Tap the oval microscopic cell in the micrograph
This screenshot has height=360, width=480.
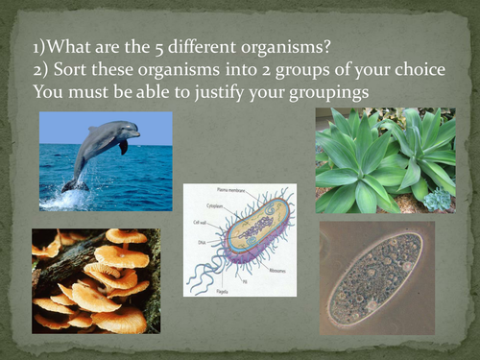(375, 274)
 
